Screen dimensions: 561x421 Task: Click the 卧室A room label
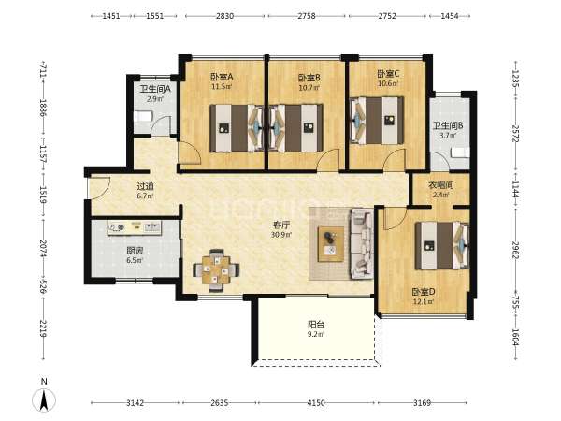click(222, 77)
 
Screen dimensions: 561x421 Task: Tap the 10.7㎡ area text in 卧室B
click(309, 87)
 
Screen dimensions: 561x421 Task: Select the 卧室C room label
click(388, 74)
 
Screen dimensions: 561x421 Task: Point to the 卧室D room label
click(424, 292)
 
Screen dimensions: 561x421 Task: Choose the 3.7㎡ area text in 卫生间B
click(448, 136)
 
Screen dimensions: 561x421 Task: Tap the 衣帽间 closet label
click(440, 185)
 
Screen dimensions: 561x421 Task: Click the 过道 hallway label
click(145, 186)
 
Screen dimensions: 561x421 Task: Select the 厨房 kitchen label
click(135, 251)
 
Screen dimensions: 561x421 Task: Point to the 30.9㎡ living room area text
click(281, 235)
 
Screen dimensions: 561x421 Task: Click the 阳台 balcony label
click(316, 325)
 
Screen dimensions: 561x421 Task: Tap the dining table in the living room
click(216, 270)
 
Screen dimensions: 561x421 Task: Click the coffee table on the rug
click(331, 244)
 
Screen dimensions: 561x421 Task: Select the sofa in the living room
click(361, 244)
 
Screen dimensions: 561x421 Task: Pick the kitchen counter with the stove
click(134, 227)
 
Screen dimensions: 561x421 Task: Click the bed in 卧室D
click(442, 245)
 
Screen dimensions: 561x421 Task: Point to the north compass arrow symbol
click(44, 400)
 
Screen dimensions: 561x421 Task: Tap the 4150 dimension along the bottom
click(316, 403)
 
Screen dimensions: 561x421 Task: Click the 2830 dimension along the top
click(225, 16)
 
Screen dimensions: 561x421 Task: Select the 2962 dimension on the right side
click(515, 250)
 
